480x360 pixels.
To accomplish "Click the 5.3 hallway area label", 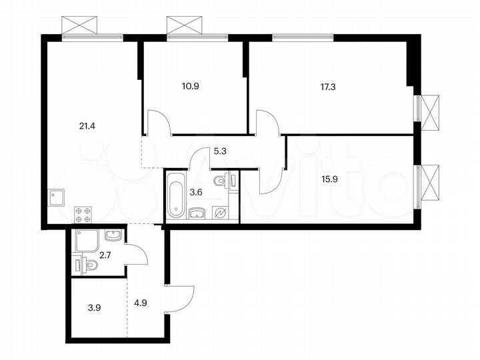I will (x=219, y=151).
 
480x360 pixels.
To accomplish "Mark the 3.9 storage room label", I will (x=95, y=308).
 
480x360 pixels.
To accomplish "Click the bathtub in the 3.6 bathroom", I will (x=175, y=195).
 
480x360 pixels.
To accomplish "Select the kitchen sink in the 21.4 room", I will (x=56, y=197).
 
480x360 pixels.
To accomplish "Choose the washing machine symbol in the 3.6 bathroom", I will (x=220, y=212).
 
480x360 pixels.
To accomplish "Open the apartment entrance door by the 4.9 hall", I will (x=181, y=298).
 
